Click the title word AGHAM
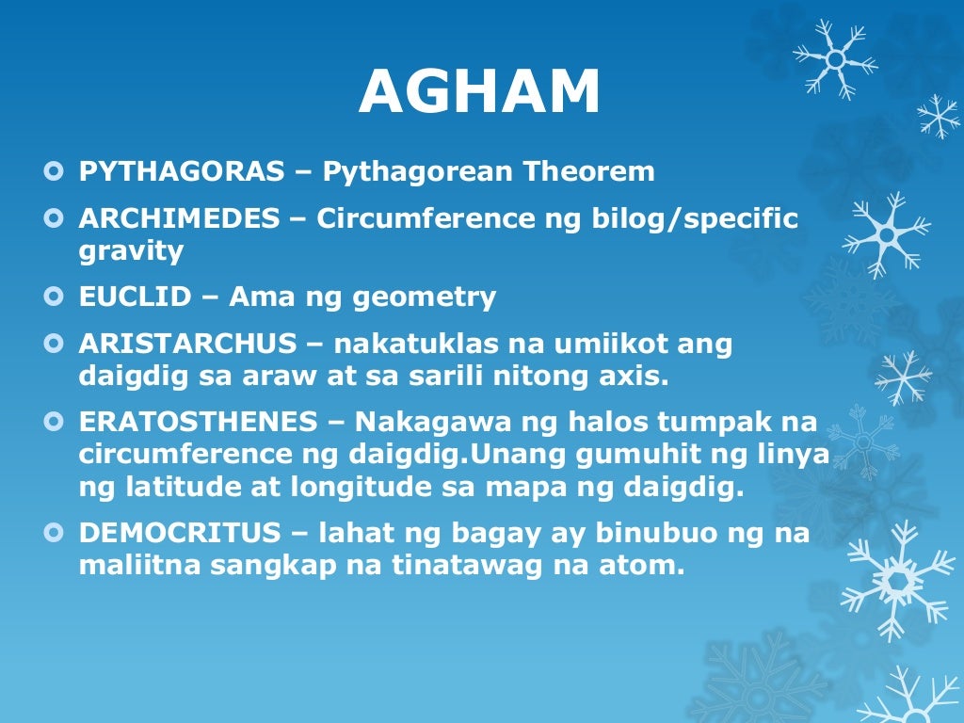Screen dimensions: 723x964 (x=479, y=93)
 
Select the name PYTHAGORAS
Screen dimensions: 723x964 (x=181, y=171)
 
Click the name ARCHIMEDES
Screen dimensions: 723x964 (x=179, y=218)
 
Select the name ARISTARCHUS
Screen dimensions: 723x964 (x=188, y=345)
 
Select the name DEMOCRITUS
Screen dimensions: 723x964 (x=180, y=533)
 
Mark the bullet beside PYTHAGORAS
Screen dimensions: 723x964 (x=53, y=171)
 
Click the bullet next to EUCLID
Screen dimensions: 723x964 (x=53, y=297)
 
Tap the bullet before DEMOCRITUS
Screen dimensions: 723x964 (x=53, y=533)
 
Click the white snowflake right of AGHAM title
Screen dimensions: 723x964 (x=835, y=58)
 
